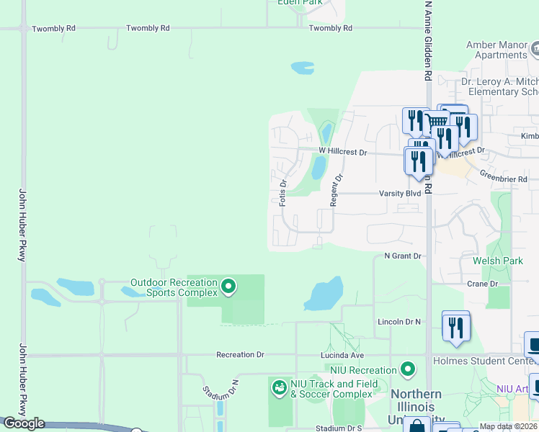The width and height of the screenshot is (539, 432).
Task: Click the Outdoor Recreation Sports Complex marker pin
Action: [228, 287]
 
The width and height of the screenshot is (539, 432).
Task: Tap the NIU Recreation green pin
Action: [409, 369]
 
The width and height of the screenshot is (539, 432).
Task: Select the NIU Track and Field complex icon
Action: [279, 388]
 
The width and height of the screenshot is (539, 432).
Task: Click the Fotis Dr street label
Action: [283, 193]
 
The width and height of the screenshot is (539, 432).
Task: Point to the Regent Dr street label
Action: [334, 190]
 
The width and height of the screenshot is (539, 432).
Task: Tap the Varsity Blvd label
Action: [400, 194]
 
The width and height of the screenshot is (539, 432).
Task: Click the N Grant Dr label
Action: [402, 256]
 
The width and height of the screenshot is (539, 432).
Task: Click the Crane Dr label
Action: [478, 284]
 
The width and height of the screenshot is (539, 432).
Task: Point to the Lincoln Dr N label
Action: [398, 322]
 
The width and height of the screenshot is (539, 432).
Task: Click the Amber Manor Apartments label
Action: [496, 50]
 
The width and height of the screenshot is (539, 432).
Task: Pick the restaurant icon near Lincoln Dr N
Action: [455, 326]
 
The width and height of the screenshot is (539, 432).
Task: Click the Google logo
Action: [24, 423]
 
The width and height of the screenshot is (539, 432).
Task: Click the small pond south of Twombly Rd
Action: [303, 68]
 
